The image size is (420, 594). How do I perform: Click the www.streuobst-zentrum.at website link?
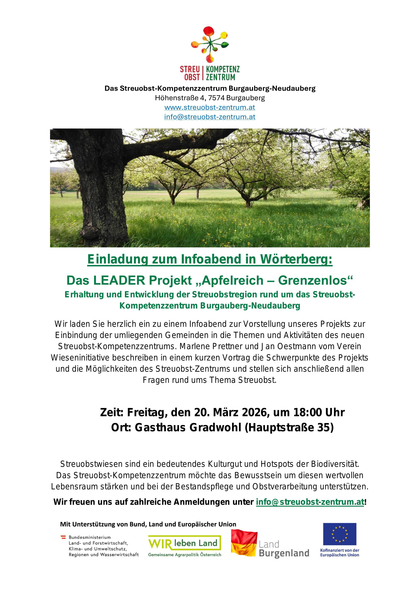(x=210, y=107)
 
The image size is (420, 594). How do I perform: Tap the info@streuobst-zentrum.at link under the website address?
(x=210, y=117)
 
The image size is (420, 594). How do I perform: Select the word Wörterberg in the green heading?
(x=296, y=259)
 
